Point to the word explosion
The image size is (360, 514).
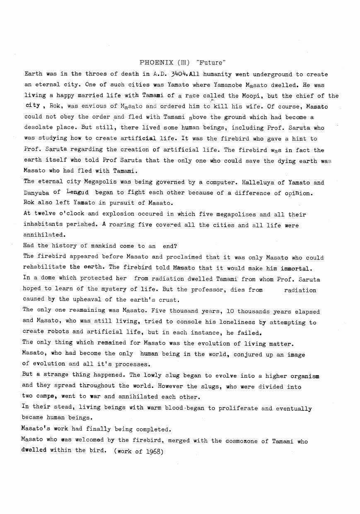point(118,214)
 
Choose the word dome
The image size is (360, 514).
point(39,278)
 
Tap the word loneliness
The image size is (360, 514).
point(238,322)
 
